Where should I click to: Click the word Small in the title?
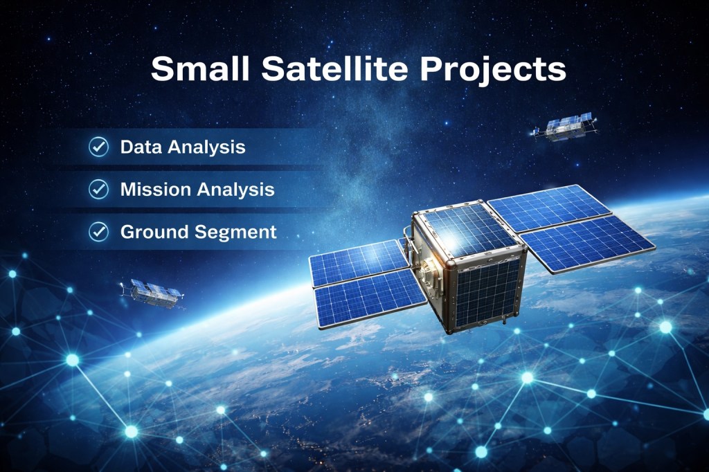200,69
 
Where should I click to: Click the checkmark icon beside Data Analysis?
98,147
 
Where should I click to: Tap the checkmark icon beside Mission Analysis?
98,189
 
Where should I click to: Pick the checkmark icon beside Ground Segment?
98,231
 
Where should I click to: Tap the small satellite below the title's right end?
564,127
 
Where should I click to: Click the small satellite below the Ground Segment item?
152,294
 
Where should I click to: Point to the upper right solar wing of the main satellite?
549,208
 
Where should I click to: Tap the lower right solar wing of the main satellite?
588,244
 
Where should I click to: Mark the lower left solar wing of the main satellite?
371,298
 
